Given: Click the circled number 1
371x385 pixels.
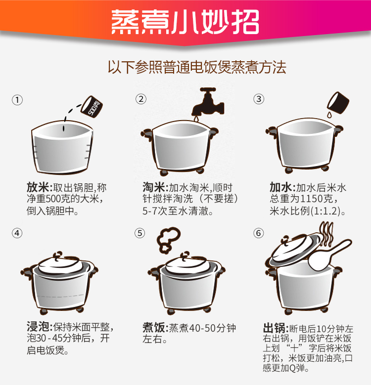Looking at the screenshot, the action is coord(17,100).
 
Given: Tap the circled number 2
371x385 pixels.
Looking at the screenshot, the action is coord(141,99).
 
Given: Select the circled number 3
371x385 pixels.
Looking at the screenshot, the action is coord(259,99).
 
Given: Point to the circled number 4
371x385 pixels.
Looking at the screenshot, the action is coord(17,233).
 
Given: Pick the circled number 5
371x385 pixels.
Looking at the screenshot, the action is coord(140,233).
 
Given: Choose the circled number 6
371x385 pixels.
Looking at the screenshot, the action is coord(259,233).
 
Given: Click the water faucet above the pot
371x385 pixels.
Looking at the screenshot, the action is coord(208,102).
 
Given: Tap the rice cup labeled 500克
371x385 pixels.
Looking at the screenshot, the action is coord(92,107).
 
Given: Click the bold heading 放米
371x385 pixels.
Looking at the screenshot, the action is coord(38,188).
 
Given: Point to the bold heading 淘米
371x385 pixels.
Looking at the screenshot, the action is coord(154,188).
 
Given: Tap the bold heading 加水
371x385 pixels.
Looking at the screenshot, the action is coord(281,188).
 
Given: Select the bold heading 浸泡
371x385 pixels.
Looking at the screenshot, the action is coord(38,327).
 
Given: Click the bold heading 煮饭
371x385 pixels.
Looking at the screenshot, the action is coord(154,327).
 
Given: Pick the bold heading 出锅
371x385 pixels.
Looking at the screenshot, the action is coord(274,328).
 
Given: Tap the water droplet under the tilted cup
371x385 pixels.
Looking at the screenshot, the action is coord(329,115).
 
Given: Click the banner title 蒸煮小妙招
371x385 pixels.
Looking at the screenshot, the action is coord(185,22).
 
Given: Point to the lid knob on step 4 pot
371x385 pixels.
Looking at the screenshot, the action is coord(58,255).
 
